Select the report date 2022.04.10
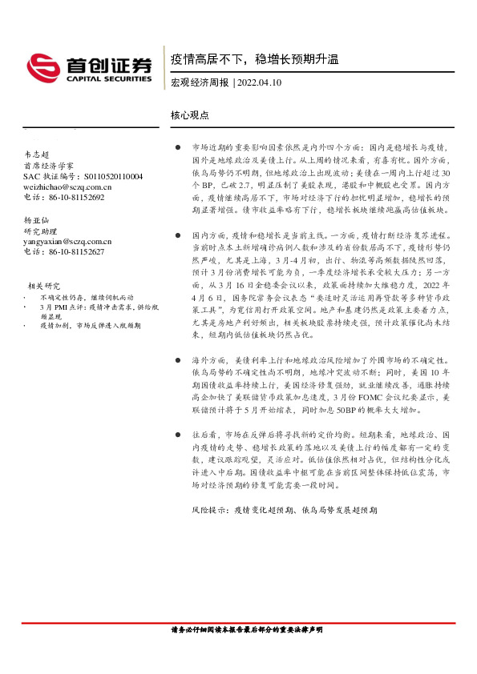pos(259,82)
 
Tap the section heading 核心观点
pos(190,115)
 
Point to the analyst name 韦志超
pos(36,155)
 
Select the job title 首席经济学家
pos(48,166)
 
